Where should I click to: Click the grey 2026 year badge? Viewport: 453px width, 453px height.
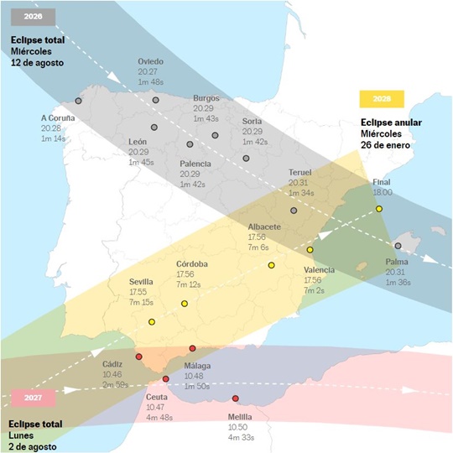33,16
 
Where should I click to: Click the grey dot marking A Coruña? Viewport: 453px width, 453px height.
78,101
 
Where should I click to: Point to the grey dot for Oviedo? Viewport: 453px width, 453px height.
156,100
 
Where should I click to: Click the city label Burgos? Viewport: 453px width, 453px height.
206,97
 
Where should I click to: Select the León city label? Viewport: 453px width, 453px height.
138,142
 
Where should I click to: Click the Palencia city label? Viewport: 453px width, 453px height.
195,163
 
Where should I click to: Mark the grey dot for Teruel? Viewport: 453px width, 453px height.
294,211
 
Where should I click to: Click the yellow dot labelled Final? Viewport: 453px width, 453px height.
379,208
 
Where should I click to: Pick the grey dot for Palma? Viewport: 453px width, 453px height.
398,246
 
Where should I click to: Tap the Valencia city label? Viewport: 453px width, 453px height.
320,270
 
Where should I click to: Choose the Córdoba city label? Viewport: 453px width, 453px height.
192,264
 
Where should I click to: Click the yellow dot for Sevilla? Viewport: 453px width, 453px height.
152,322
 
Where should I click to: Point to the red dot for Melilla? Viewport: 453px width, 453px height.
236,398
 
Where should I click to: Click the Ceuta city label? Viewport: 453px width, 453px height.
159,396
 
